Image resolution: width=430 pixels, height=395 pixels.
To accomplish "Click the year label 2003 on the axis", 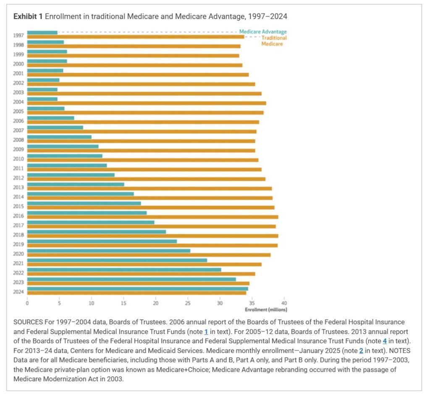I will click(x=18, y=92).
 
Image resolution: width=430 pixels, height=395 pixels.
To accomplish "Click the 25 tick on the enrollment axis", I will click(x=188, y=303).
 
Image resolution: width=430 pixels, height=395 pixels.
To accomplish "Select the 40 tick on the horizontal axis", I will click(x=284, y=303).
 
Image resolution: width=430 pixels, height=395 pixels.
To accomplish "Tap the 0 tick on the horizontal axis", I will click(x=27, y=303).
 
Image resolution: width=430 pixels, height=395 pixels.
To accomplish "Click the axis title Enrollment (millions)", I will click(x=266, y=310).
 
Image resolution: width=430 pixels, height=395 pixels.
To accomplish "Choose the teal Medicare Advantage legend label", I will click(x=263, y=32).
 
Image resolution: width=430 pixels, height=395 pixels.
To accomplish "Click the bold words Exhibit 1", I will click(x=28, y=16).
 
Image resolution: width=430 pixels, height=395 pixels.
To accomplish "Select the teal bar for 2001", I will click(x=45, y=71).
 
